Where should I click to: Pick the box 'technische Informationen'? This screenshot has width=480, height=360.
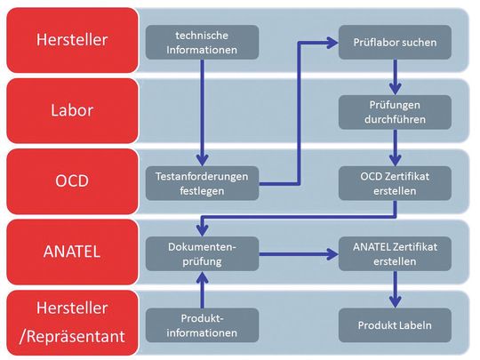point(202,42)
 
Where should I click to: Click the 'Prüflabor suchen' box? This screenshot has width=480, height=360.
point(394,42)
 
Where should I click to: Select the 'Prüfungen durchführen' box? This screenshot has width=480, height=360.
point(394,112)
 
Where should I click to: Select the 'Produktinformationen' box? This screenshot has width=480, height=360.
point(202,324)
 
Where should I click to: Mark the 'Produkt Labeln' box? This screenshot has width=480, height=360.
point(394,324)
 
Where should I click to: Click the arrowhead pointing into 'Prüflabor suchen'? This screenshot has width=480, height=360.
point(332,42)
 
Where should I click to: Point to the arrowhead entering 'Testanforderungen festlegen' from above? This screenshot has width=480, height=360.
point(202,158)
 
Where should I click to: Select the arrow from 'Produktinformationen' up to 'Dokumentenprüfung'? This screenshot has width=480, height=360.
point(202,289)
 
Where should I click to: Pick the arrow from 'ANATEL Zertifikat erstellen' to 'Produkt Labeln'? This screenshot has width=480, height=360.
point(395,289)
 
